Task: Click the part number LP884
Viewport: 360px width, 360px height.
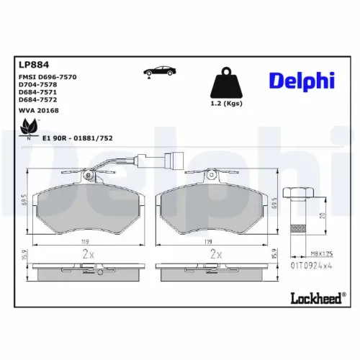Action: pyautogui.click(x=28, y=63)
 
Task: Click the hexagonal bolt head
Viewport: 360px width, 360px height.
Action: pyautogui.click(x=297, y=193)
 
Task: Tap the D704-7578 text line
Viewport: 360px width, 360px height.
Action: pyautogui.click(x=37, y=84)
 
